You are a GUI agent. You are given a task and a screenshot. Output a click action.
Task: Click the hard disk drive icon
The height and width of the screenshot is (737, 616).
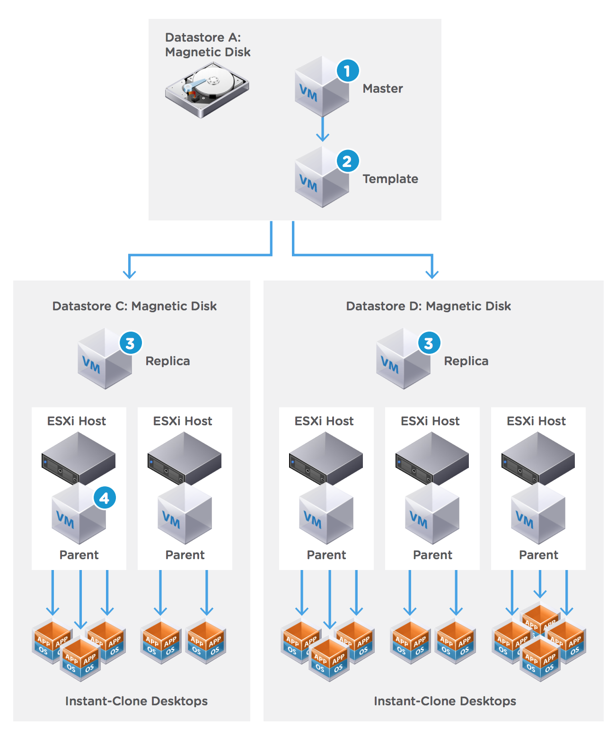tap(207, 90)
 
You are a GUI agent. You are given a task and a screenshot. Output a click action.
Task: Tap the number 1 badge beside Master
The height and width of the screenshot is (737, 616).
tap(348, 71)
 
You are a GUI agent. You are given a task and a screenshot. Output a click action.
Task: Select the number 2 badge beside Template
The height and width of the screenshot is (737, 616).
tap(348, 161)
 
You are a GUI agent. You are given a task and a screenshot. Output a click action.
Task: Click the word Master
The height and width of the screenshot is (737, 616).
tap(383, 88)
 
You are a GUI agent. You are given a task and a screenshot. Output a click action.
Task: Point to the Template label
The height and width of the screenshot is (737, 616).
tap(390, 179)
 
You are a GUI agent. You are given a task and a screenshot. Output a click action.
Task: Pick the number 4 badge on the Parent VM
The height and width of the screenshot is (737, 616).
tap(105, 498)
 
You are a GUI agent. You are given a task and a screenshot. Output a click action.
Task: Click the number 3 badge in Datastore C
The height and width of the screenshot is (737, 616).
tap(131, 343)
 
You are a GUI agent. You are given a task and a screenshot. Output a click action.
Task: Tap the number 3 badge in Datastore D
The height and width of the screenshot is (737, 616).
tap(429, 343)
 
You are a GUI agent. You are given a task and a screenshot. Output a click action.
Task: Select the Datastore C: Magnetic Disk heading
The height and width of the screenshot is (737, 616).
tap(134, 306)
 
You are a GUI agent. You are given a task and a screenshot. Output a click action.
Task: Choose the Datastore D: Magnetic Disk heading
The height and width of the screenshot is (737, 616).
tap(429, 306)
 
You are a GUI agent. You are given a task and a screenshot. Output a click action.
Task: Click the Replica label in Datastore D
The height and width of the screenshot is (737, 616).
tap(466, 361)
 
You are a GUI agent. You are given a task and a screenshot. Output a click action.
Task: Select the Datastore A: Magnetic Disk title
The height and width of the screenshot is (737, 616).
tap(208, 44)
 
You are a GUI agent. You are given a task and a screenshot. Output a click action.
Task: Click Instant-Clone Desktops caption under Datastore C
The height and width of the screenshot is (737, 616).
tap(136, 701)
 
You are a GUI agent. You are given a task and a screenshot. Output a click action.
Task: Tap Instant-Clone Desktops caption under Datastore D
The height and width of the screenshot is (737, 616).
tap(445, 701)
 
